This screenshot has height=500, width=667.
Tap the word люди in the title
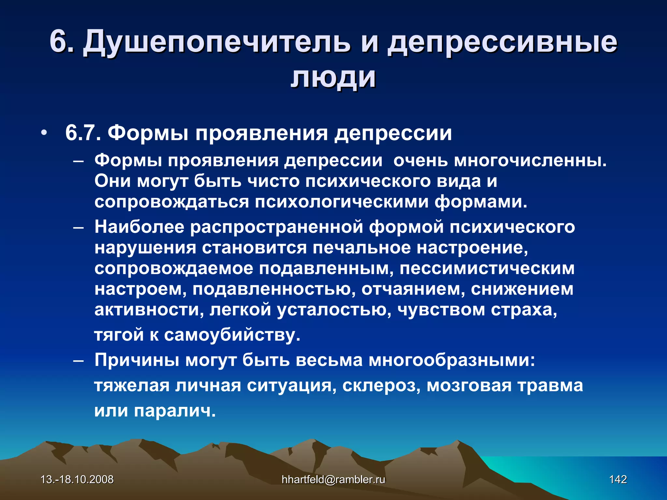tap(333, 77)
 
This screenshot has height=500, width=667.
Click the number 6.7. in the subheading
tap(83, 133)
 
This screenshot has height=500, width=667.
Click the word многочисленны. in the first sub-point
tap(530, 160)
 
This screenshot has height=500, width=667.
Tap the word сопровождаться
tap(171, 202)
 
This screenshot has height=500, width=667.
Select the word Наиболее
tap(139, 227)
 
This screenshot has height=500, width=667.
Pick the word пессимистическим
tap(487, 269)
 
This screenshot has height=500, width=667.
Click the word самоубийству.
tap(232, 335)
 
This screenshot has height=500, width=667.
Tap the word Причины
tap(137, 360)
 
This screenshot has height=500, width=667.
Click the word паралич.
tap(175, 410)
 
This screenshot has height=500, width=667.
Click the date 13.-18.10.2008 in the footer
tap(77, 479)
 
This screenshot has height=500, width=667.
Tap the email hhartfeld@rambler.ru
tap(333, 479)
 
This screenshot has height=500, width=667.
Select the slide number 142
tap(618, 479)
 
